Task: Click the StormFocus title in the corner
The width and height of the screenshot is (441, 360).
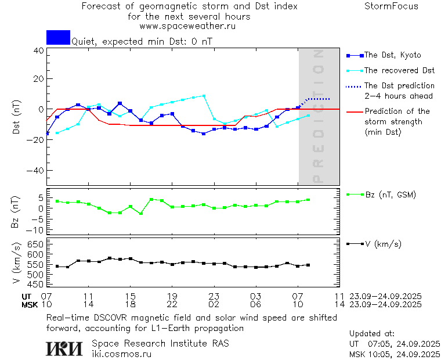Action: coord(391,6)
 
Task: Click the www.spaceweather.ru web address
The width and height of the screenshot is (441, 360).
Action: coord(187,26)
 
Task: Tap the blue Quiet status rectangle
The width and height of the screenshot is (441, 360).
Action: coord(58,37)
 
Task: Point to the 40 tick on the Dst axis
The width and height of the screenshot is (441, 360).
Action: coord(39,51)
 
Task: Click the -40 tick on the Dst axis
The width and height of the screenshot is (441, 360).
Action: coord(37,171)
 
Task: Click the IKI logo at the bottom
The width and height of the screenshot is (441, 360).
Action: coord(66,348)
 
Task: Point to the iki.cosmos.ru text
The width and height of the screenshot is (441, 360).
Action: coord(121,354)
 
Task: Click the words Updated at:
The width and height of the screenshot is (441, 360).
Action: coord(371,334)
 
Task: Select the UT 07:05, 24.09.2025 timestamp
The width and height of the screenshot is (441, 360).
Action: coord(394,344)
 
